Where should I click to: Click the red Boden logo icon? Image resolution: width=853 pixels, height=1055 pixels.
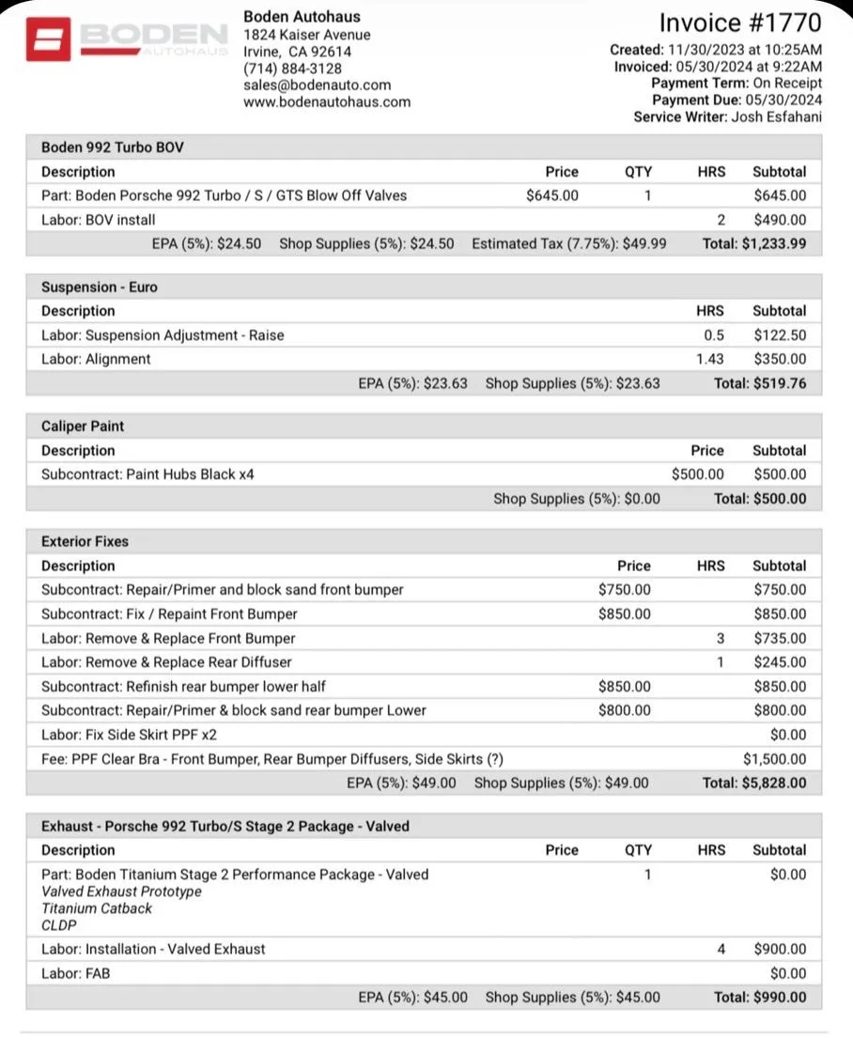click(48, 39)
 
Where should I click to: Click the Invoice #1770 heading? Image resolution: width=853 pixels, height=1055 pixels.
click(740, 23)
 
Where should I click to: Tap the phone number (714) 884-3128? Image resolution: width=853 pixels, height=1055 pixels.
click(292, 69)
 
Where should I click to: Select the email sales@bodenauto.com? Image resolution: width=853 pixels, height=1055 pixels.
click(317, 85)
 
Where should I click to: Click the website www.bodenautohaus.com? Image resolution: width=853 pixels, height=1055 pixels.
click(326, 102)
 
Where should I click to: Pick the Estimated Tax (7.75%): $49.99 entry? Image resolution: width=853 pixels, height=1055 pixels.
click(568, 244)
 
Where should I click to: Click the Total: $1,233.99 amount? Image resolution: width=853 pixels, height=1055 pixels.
click(753, 244)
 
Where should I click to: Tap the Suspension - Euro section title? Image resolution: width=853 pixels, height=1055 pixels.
click(98, 287)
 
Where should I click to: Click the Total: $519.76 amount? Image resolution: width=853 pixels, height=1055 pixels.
click(759, 383)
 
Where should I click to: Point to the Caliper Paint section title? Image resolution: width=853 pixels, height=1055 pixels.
click(83, 427)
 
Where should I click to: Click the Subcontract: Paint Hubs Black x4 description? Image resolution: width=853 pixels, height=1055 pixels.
click(147, 474)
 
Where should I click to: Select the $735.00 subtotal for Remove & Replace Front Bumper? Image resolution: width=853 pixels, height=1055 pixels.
click(779, 639)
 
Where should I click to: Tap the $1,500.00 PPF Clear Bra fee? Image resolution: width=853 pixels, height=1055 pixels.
click(774, 759)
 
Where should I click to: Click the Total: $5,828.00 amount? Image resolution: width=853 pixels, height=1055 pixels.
click(753, 783)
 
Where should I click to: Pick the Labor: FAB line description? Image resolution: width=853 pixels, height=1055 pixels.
click(75, 973)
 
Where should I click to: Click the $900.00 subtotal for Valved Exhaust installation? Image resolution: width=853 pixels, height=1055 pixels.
click(779, 949)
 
